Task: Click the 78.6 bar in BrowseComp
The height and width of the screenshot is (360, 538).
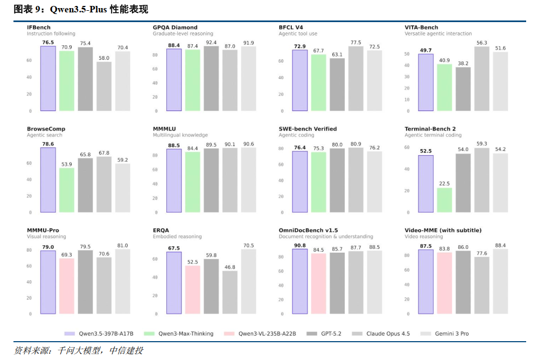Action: pyautogui.click(x=48, y=180)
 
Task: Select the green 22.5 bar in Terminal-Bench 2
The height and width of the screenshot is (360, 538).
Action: pyautogui.click(x=444, y=200)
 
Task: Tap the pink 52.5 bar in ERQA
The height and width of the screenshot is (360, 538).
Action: pyautogui.click(x=193, y=289)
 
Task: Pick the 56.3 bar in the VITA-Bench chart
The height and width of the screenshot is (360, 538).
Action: pyautogui.click(x=481, y=79)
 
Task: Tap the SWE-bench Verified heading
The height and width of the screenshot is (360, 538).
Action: pyautogui.click(x=308, y=129)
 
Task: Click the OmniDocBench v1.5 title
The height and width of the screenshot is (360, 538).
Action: pyautogui.click(x=308, y=230)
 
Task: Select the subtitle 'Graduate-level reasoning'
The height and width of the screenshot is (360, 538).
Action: pyautogui.click(x=183, y=33)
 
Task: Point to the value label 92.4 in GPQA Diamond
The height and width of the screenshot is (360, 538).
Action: pyautogui.click(x=211, y=43)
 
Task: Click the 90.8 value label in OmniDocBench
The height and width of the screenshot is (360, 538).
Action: pyautogui.click(x=300, y=245)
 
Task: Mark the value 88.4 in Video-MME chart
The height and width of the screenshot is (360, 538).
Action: pyautogui.click(x=500, y=245)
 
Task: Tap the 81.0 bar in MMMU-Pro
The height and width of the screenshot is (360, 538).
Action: pyautogui.click(x=123, y=281)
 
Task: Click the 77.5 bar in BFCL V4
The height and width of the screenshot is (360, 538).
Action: pyautogui.click(x=355, y=79)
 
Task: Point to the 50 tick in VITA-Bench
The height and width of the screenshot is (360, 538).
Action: pyautogui.click(x=407, y=54)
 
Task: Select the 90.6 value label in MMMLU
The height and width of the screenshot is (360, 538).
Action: pyautogui.click(x=248, y=144)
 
